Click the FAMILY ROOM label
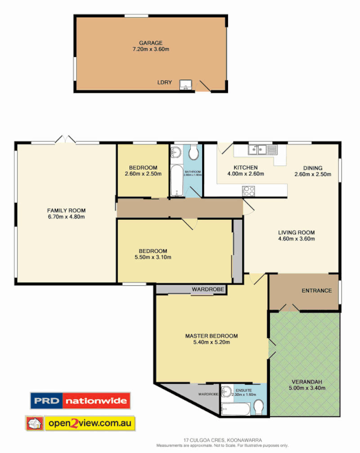[x=66, y=211]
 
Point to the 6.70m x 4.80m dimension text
[x=66, y=217]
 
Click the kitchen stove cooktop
[x=248, y=191]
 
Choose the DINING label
[x=312, y=168]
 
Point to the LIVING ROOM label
[x=296, y=232]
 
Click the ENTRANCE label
[x=316, y=290]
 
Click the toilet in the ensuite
[x=259, y=407]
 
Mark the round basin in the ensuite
[x=227, y=391]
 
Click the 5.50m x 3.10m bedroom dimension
[x=153, y=257]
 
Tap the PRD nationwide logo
[x=80, y=401]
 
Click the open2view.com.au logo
[x=80, y=423]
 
